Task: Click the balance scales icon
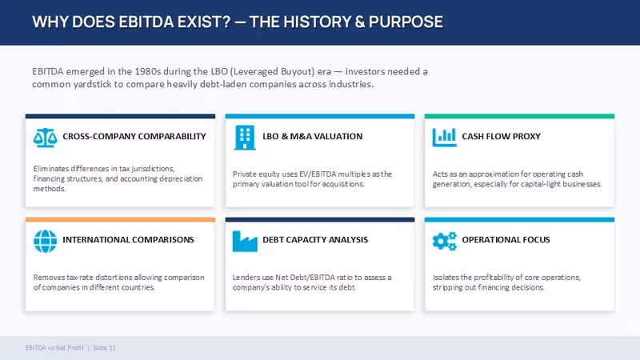(45, 138)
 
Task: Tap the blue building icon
(245, 138)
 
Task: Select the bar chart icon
(445, 138)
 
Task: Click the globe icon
(46, 242)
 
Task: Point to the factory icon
(245, 242)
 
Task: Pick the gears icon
(445, 242)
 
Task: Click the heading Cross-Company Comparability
(134, 136)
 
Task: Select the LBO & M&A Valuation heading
(312, 136)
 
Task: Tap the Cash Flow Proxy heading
(502, 136)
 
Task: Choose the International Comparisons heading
(128, 239)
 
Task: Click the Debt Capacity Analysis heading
(315, 239)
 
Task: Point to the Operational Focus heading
(506, 239)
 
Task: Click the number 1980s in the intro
(148, 71)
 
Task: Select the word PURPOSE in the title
(406, 22)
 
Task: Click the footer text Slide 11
(105, 348)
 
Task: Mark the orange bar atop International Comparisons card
(120, 219)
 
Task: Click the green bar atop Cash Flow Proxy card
(519, 116)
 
